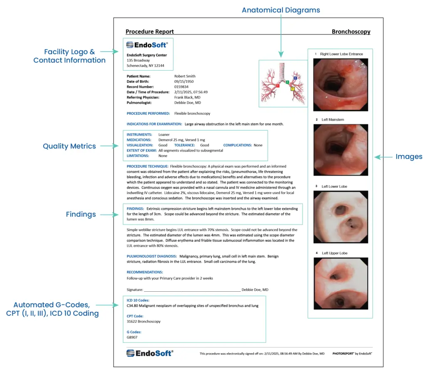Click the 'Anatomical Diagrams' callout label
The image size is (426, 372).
[x=281, y=10]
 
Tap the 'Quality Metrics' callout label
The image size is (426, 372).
[x=69, y=146]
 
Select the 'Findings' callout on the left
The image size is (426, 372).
[x=81, y=214]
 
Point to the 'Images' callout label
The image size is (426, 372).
[x=409, y=157]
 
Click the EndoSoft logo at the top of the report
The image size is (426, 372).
[x=147, y=45]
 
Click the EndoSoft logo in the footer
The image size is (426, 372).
[x=149, y=353]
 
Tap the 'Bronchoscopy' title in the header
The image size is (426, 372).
[x=351, y=32]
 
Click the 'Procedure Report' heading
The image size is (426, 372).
[x=149, y=32]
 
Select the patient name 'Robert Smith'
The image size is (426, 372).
[x=185, y=76]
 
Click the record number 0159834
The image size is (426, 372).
[x=181, y=87]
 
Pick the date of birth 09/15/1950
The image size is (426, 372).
[x=183, y=82]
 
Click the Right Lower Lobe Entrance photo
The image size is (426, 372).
[x=341, y=84]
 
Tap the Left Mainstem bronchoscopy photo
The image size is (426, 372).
[x=341, y=151]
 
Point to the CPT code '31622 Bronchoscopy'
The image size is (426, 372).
[x=144, y=321]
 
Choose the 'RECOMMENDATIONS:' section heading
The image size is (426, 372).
[x=145, y=272]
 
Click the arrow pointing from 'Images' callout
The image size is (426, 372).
[x=383, y=157]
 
